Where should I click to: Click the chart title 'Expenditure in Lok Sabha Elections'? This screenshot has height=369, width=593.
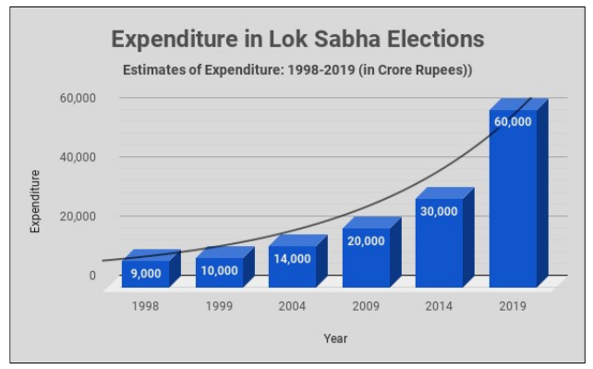[x=297, y=40]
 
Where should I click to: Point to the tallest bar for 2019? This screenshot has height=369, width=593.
[x=513, y=199]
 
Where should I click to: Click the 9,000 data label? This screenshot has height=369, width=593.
[x=145, y=273]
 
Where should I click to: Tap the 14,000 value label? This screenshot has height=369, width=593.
[x=292, y=259]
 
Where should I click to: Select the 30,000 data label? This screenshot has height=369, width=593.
[x=439, y=212]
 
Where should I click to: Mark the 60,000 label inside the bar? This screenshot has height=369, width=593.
[x=513, y=122]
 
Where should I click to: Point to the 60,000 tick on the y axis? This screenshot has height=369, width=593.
[x=79, y=98]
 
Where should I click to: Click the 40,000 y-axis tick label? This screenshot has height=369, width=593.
[x=79, y=157]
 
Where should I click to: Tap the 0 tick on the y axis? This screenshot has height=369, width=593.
[x=91, y=276]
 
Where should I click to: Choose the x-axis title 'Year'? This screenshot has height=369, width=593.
[x=334, y=338]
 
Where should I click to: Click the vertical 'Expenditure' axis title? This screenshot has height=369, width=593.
[x=35, y=201]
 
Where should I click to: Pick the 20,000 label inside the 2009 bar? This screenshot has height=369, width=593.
[x=366, y=241]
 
